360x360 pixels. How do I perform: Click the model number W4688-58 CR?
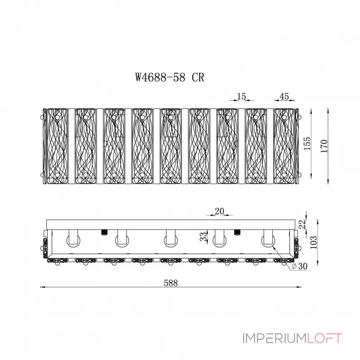[x=170, y=77]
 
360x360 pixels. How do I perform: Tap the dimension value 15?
[x=242, y=96]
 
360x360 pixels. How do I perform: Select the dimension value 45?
[x=284, y=96]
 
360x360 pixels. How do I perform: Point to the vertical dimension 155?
[x=307, y=144]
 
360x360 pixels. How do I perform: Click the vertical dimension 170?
[x=324, y=146]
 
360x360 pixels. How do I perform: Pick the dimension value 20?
[x=219, y=211]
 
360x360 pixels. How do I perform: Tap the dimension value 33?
[x=203, y=237]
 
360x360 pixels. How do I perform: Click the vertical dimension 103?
[x=313, y=242]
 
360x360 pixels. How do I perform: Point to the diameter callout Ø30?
[x=299, y=266]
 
